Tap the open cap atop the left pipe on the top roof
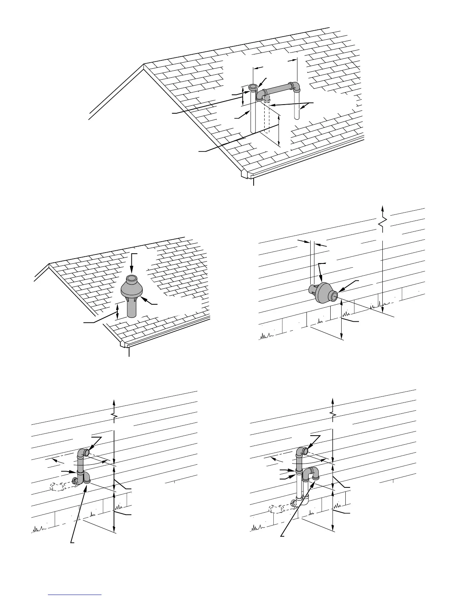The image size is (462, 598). coord(253,88)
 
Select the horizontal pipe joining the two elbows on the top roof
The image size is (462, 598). coord(279,89)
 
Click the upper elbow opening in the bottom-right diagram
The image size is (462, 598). coord(305,450)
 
